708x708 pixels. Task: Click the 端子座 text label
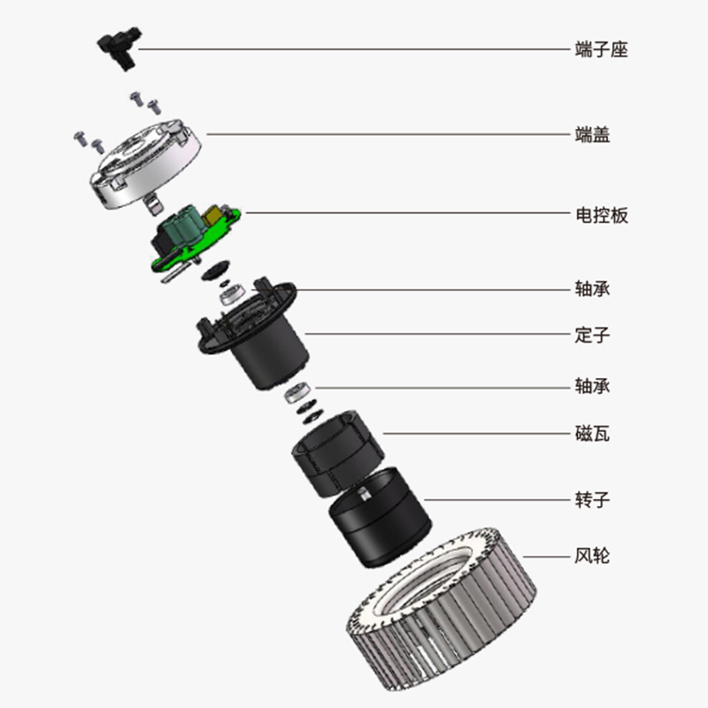pyautogui.click(x=602, y=50)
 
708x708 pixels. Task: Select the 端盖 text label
pyautogui.click(x=592, y=135)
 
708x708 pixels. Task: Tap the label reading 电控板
pyautogui.click(x=602, y=215)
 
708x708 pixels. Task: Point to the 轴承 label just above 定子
pyautogui.click(x=592, y=289)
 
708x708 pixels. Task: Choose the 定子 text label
pyautogui.click(x=592, y=335)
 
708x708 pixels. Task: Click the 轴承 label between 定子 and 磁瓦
pyautogui.click(x=592, y=386)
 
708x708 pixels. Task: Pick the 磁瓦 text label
pyautogui.click(x=592, y=434)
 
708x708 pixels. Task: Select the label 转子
pyautogui.click(x=592, y=500)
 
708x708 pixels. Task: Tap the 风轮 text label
pyautogui.click(x=592, y=556)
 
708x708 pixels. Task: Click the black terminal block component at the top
pyautogui.click(x=119, y=48)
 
